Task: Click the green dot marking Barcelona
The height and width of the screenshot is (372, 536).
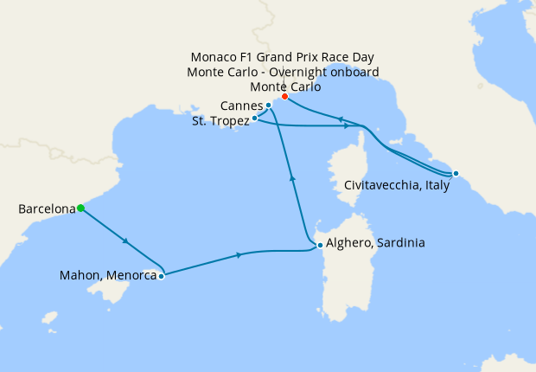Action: click(x=80, y=208)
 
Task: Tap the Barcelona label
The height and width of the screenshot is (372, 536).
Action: click(x=46, y=208)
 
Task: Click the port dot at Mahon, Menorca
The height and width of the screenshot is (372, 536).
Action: click(x=162, y=277)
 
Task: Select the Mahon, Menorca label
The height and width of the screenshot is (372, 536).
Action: click(x=108, y=277)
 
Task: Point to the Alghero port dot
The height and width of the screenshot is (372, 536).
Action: click(x=320, y=245)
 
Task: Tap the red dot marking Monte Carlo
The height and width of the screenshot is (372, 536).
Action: click(x=284, y=96)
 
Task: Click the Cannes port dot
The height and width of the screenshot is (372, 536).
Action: click(x=269, y=106)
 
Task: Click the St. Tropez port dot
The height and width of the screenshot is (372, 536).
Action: click(x=254, y=118)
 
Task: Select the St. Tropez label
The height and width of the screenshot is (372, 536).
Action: click(x=220, y=122)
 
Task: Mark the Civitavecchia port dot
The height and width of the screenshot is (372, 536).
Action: click(x=456, y=173)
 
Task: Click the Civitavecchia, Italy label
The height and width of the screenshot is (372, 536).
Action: click(x=397, y=185)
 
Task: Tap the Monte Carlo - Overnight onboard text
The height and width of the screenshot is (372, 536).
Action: click(x=284, y=72)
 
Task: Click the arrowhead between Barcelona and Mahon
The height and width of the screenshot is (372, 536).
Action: click(x=127, y=241)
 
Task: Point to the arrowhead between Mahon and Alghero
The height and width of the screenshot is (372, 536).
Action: click(x=239, y=254)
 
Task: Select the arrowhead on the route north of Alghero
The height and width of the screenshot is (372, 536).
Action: click(x=292, y=177)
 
